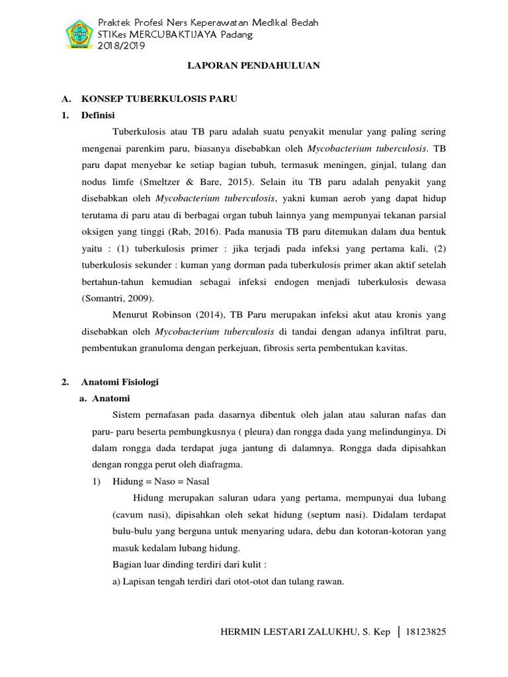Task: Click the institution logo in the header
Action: tap(78, 34)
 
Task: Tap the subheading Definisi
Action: tap(98, 115)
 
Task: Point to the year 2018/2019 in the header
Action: tap(118, 46)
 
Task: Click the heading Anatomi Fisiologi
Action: tap(120, 382)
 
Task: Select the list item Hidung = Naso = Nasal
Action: tap(162, 481)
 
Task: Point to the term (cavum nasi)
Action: tap(136, 514)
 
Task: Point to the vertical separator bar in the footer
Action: tap(399, 633)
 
